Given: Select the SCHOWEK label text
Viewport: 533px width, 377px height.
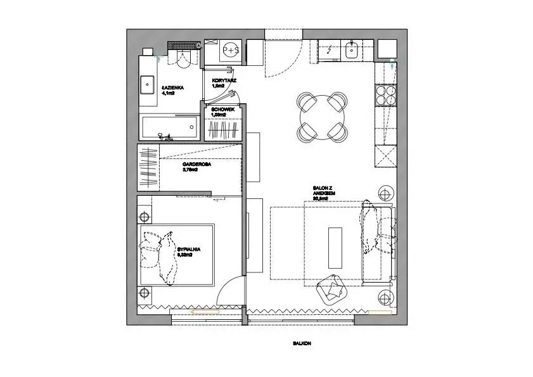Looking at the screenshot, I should click(223, 110).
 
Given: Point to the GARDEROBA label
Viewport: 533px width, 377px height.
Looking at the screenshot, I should click(196, 164).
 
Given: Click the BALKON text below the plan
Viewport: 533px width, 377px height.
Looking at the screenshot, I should click(302, 344).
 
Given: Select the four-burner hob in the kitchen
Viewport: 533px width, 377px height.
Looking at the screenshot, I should click(387, 96).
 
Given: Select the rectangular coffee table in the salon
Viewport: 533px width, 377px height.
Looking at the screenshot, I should click(334, 246).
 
